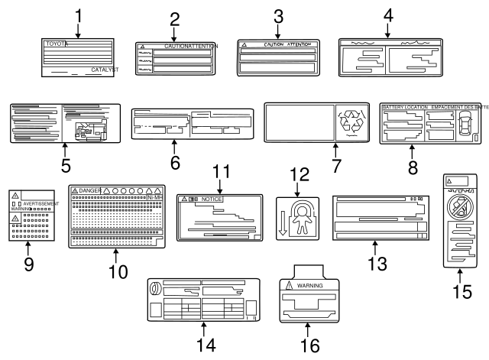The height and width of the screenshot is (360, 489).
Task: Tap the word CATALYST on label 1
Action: click(105, 70)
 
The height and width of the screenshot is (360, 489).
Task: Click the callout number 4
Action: click(388, 14)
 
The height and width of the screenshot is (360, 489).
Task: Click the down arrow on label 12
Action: click(283, 229)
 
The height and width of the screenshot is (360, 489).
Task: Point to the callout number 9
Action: click(28, 265)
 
